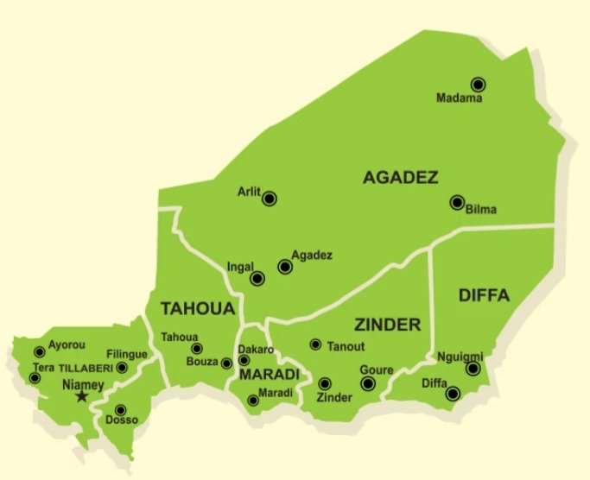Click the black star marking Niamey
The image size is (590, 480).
[x=82, y=396]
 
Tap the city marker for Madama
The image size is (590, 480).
[x=478, y=84]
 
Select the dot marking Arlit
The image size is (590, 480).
[x=270, y=199]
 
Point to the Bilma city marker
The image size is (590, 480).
[x=457, y=203]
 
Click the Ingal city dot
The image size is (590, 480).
[x=257, y=279]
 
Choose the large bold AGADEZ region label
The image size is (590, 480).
[x=401, y=178]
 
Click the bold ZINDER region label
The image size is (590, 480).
[x=387, y=325]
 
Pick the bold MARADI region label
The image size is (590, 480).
[x=270, y=375]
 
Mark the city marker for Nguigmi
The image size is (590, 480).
[x=473, y=369]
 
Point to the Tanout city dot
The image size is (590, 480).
[x=316, y=344]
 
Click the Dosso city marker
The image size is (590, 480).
[x=121, y=409]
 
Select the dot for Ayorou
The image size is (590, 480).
[x=39, y=351]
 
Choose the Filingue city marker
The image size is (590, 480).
[x=122, y=368]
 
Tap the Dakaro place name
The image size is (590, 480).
[x=256, y=350]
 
